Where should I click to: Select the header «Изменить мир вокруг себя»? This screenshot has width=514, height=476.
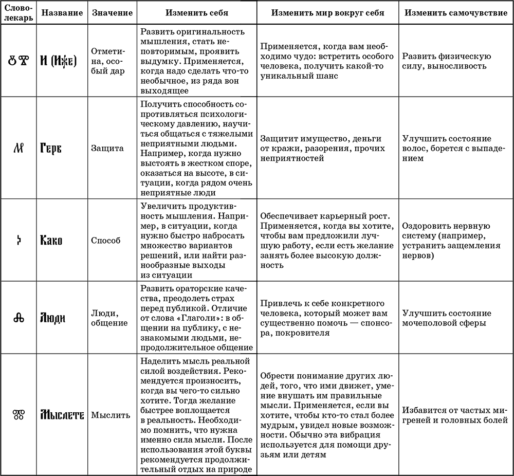coord(327,13)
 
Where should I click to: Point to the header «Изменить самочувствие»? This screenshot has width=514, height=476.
coord(455,13)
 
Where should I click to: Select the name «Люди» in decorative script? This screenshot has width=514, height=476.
coord(53,318)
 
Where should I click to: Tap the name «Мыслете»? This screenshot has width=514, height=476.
coord(62,415)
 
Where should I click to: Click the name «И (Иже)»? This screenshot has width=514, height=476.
coord(58,62)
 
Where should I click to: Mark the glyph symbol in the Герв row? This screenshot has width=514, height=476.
coord(17,149)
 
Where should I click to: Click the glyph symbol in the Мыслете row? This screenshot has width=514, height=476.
coord(17,415)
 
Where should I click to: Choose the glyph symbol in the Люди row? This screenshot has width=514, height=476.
coord(17,318)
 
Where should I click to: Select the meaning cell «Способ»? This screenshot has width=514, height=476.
coord(106,240)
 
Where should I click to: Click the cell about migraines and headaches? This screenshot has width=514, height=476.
coord(455,415)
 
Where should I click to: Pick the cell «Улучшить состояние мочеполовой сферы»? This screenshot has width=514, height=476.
coord(446,318)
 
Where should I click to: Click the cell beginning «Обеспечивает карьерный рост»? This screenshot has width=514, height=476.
coord(327,240)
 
